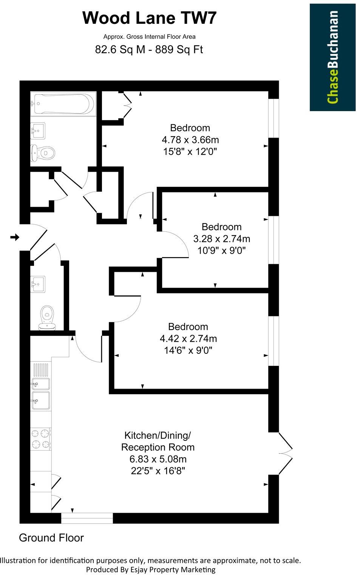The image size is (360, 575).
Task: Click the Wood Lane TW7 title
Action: coord(150,18)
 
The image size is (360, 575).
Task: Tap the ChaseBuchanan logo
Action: coord(332,57)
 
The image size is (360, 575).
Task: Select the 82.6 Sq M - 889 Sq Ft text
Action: coord(149,50)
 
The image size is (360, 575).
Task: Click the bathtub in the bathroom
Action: coord(63,104)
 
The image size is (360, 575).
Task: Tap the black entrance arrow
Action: coord(15,237)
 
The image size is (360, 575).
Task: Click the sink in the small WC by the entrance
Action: coord(38,284)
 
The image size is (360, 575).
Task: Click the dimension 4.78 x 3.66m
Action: coord(190,140)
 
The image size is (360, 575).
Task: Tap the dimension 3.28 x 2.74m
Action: coord(222,239)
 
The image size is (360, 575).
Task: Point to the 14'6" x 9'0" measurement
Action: coord(188,350)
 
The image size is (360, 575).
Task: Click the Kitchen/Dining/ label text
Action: coord(158,435)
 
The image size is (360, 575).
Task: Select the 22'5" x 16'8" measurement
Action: coord(158,471)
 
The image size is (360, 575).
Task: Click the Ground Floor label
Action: coord(51,538)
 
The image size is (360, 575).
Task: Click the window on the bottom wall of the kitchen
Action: coord(87,518)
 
